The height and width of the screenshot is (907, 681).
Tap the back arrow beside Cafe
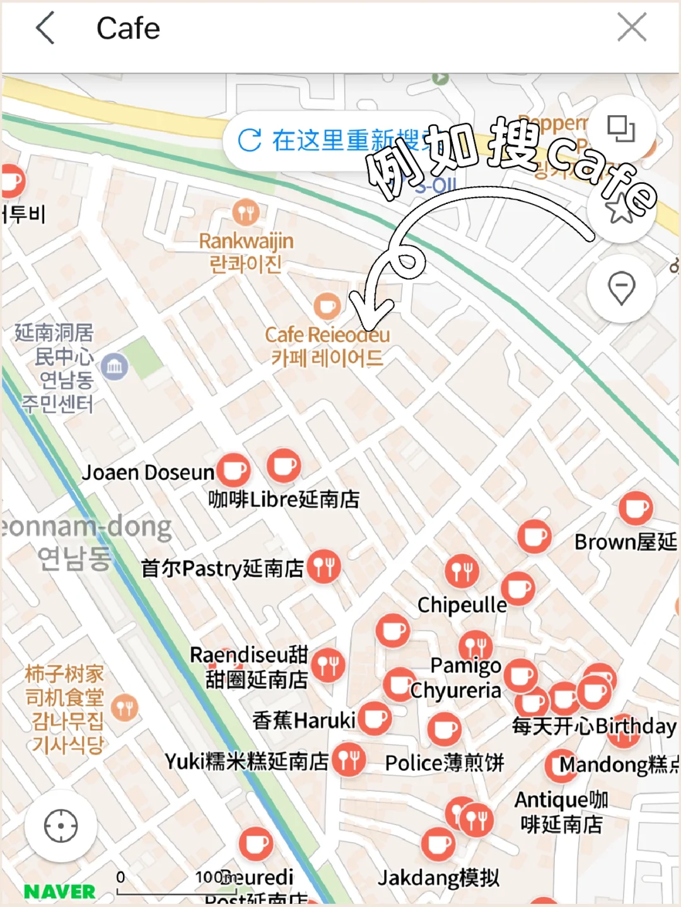pyautogui.click(x=45, y=28)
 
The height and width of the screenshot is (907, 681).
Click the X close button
pyautogui.click(x=632, y=28)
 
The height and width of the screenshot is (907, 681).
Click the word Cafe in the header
pyautogui.click(x=128, y=29)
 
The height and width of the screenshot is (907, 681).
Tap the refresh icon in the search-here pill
pyautogui.click(x=250, y=140)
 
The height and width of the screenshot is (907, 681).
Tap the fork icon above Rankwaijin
pyautogui.click(x=245, y=213)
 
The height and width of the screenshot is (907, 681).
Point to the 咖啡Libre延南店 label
pyautogui.click(x=284, y=499)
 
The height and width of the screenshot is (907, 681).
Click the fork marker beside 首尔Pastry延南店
pyautogui.click(x=324, y=566)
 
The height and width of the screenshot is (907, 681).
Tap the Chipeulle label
pyautogui.click(x=462, y=605)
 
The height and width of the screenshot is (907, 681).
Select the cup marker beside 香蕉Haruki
pyautogui.click(x=375, y=719)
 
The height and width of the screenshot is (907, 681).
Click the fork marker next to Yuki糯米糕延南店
pyautogui.click(x=349, y=760)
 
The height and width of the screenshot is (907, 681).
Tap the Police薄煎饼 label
pyautogui.click(x=445, y=763)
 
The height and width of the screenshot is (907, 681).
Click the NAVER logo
pyautogui.click(x=60, y=891)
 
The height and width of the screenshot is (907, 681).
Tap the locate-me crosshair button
pyautogui.click(x=61, y=826)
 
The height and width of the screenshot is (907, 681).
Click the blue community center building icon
pyautogui.click(x=115, y=366)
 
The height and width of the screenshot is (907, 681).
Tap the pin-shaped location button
pyautogui.click(x=621, y=288)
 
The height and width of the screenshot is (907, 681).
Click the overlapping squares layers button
pyautogui.click(x=621, y=129)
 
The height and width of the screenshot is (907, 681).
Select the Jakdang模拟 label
pyautogui.click(x=438, y=877)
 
